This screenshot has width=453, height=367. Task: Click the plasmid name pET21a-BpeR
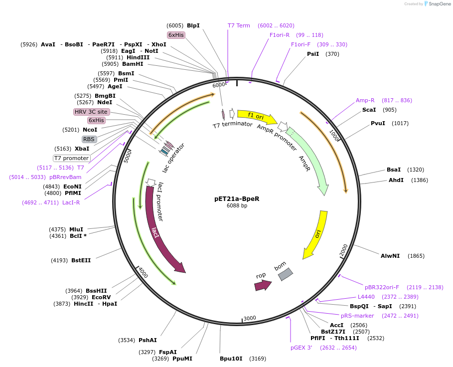237,198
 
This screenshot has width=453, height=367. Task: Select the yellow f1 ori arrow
257,117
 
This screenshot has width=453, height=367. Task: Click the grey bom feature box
285,274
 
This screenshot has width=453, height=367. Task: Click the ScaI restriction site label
369,110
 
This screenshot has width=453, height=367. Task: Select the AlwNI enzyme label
390,256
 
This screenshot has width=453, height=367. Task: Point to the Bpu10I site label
231,358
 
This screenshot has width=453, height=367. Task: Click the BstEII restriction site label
81,260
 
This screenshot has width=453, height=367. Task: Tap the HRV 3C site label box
91,112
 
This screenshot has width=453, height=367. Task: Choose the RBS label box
89,140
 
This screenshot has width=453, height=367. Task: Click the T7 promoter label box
71,158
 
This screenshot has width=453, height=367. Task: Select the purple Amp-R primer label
365,100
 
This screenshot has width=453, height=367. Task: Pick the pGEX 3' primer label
301,348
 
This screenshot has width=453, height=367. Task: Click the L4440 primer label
366,297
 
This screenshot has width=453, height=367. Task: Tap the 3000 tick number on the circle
250,318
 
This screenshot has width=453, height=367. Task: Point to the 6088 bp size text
237,205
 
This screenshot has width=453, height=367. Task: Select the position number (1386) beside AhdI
420,180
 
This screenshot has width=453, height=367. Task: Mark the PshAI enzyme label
148,340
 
